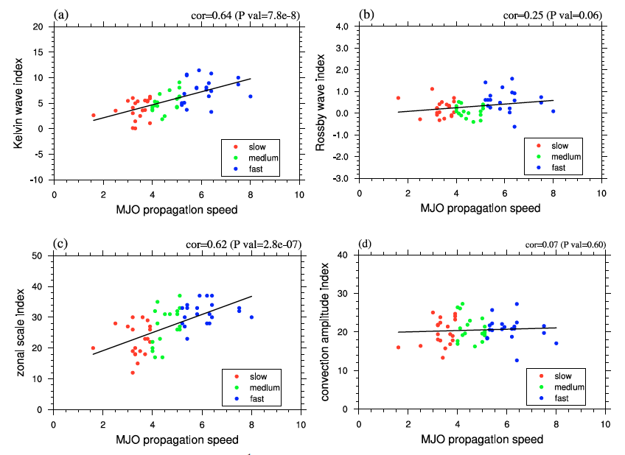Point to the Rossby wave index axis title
(321, 102)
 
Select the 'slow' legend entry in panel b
(560, 145)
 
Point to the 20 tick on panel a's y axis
(38, 27)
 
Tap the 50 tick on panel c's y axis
(38, 255)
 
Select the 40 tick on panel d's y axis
(343, 255)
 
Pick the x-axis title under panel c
(178, 440)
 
